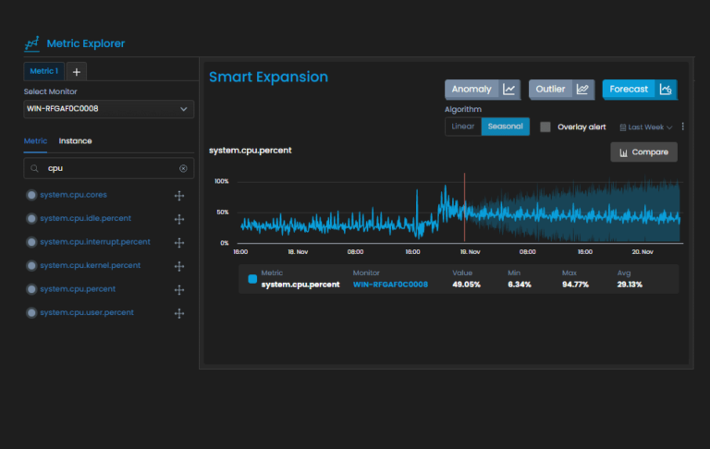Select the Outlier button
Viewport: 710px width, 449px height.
tap(561, 90)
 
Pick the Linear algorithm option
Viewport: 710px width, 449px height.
tap(462, 127)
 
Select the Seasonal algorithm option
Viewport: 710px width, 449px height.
tap(505, 127)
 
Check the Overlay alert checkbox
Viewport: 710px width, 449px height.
tap(545, 127)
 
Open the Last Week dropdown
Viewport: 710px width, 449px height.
tap(645, 127)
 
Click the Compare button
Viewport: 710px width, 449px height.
tap(643, 152)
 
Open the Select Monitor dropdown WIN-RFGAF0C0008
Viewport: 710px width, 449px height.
tap(109, 109)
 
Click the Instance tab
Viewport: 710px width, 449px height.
tap(75, 141)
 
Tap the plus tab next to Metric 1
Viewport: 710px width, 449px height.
tap(77, 71)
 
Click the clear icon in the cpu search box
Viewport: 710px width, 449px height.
tap(183, 169)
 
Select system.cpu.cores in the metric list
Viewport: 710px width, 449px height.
tap(74, 195)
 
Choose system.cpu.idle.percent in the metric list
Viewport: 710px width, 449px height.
tap(85, 218)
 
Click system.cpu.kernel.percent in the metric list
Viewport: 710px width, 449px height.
tap(90, 265)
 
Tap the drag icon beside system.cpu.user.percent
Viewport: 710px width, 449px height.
tap(179, 313)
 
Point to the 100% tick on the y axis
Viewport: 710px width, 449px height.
tap(222, 181)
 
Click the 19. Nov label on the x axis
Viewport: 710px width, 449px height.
tap(470, 251)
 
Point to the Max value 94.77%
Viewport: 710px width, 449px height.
tap(577, 285)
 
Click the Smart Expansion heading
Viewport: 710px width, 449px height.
tap(268, 77)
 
